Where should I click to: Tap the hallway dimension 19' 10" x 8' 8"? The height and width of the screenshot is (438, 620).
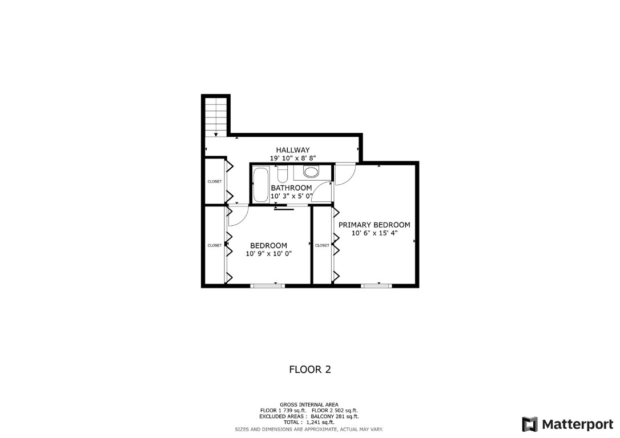[x=293, y=158]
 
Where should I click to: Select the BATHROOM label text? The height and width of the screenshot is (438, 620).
[x=291, y=188]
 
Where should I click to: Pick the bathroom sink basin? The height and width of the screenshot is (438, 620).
[x=311, y=172]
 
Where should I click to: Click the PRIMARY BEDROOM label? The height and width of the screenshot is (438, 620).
[x=374, y=225]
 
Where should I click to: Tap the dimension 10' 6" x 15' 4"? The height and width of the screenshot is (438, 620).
[x=374, y=233]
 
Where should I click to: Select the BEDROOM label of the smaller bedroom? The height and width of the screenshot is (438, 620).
[x=268, y=246]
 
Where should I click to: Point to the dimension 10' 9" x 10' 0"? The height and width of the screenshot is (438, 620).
[x=268, y=254]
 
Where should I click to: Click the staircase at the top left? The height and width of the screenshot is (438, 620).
[x=216, y=116]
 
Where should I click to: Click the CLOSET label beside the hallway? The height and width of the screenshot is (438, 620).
[x=214, y=181]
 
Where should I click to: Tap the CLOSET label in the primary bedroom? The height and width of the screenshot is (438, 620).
[x=322, y=245]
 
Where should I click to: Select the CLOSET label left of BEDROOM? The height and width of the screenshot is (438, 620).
[x=214, y=245]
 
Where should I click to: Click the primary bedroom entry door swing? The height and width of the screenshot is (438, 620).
[x=344, y=174]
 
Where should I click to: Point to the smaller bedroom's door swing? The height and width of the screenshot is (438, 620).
[x=238, y=215]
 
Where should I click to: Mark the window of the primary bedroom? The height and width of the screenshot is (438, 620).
[x=377, y=284]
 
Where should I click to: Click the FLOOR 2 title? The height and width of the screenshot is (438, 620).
[x=310, y=370]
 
